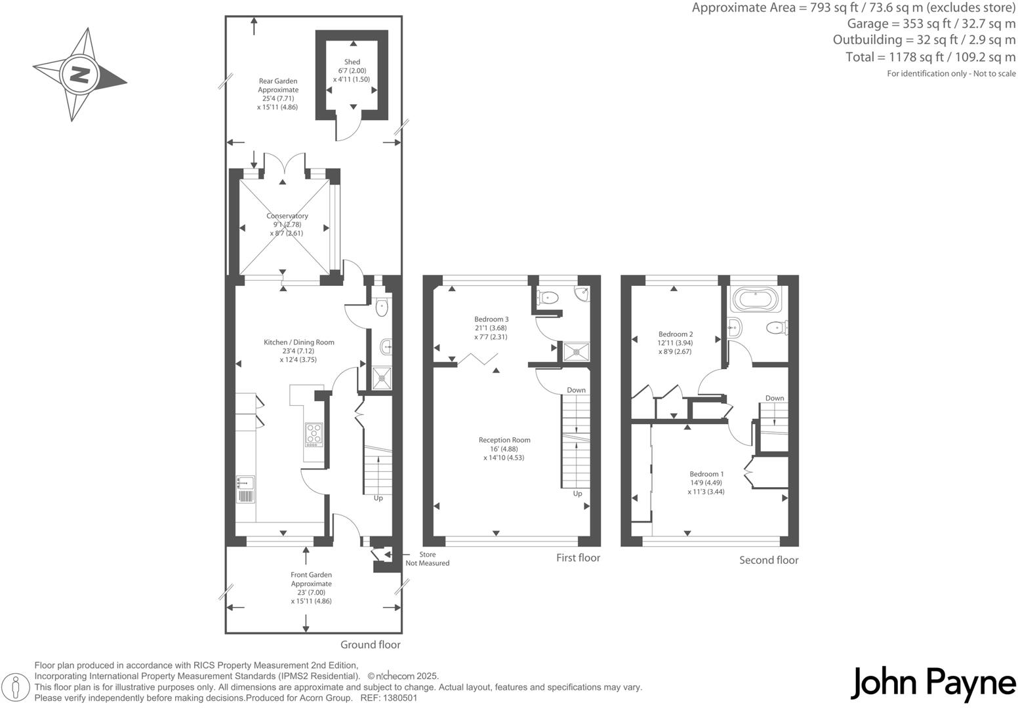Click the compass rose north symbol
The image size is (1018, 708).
[79, 74]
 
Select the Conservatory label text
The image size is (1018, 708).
[287, 216]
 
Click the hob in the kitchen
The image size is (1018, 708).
[314, 435]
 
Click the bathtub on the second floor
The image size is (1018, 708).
[755, 300]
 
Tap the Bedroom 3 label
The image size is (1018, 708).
[491, 319]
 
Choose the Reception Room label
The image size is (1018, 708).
[504, 440]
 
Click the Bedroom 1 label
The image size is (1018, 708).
[706, 474]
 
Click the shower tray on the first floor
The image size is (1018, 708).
[577, 352]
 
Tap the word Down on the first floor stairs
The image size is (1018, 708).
[576, 390]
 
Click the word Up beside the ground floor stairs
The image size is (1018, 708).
[378, 498]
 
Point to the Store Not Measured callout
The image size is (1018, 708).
[427, 559]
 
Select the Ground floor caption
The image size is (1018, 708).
[370, 644]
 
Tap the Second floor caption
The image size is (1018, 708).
[769, 560]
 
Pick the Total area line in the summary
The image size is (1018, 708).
[930, 57]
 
